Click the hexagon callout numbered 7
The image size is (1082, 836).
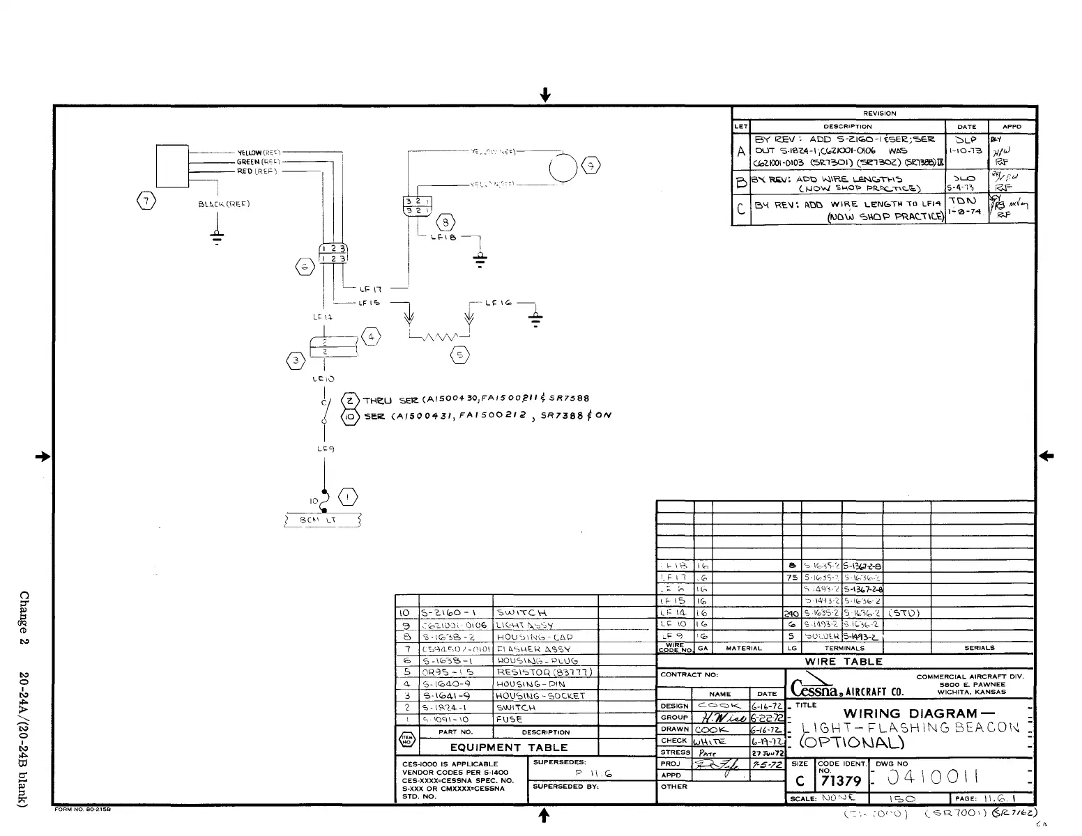click(x=146, y=201)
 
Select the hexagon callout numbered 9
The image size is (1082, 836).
click(x=591, y=165)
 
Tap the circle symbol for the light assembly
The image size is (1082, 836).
click(x=563, y=168)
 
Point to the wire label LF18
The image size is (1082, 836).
click(x=442, y=238)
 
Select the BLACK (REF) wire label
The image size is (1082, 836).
click(x=224, y=204)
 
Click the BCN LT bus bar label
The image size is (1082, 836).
click(x=321, y=520)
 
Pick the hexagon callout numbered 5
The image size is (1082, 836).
click(x=459, y=355)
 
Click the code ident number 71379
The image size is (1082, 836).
click(x=841, y=782)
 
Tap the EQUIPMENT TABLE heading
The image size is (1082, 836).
click(x=508, y=748)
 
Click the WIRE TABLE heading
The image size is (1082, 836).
click(x=844, y=662)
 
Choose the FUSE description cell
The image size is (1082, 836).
click(x=509, y=719)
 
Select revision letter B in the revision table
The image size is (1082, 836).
click(x=740, y=183)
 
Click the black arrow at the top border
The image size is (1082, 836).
click(x=546, y=94)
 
